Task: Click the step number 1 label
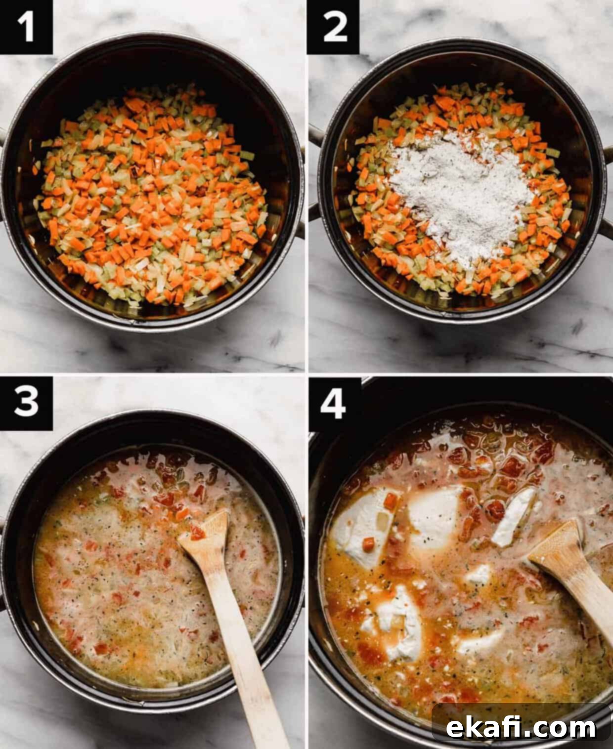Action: click(26, 27)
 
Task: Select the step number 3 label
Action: click(26, 403)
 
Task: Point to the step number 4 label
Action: click(333, 404)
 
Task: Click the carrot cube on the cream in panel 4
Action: click(368, 544)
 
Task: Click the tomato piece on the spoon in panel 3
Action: click(197, 533)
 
